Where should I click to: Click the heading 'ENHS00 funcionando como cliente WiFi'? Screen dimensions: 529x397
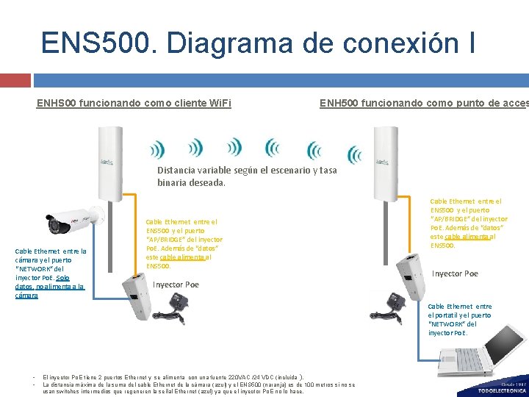(x=134, y=103)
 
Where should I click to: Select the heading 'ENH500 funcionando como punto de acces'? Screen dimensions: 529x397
(x=423, y=103)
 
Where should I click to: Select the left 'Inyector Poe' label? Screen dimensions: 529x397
(x=176, y=285)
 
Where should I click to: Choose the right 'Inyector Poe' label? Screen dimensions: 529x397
(x=455, y=273)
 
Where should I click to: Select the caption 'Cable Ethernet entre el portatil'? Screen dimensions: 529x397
(x=460, y=319)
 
